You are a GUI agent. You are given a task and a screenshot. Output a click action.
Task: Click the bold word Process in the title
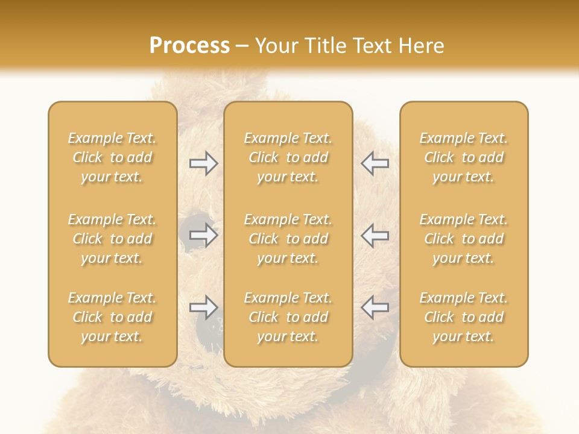coord(189,45)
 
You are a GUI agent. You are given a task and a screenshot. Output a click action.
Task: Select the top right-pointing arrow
coord(204,163)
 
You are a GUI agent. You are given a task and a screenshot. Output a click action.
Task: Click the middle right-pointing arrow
coord(204,235)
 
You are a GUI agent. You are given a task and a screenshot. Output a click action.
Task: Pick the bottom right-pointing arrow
coord(204,307)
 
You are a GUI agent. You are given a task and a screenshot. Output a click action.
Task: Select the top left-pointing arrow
coord(375,163)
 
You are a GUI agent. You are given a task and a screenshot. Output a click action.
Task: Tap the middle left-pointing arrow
coord(375,235)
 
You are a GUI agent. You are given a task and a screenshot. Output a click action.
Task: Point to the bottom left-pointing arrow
coord(375,307)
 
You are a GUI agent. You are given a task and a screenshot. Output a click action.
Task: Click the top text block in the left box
coord(112,157)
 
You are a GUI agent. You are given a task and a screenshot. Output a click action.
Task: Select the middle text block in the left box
coord(112,239)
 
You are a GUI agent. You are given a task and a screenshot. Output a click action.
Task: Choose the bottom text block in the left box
coord(112,317)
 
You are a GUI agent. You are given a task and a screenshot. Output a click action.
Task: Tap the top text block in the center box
coord(288,157)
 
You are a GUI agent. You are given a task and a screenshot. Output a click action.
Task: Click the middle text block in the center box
coord(288,239)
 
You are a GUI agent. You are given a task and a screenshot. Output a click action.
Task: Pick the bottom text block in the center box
coord(288,317)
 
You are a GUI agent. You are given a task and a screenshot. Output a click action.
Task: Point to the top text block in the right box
coord(463,157)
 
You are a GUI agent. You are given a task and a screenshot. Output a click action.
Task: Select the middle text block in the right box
coord(463,239)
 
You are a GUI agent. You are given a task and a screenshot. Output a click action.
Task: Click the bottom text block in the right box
coord(463,317)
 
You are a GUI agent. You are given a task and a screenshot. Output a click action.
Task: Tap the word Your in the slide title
coord(274,45)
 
